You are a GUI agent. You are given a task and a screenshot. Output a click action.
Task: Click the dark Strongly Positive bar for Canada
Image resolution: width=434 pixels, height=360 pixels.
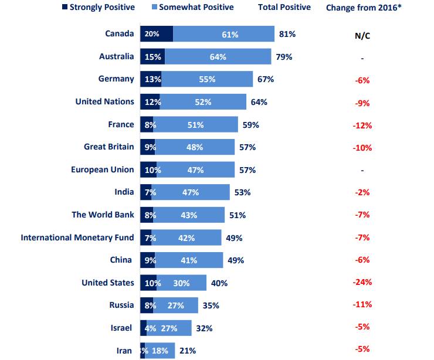pos(157,34)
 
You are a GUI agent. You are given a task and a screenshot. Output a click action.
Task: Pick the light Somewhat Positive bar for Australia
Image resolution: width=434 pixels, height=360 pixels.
pos(218,57)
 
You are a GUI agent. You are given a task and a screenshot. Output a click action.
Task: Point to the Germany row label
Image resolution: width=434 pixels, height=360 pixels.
pos(116,79)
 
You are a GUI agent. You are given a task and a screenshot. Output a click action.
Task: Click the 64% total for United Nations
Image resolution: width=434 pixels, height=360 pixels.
pos(259,102)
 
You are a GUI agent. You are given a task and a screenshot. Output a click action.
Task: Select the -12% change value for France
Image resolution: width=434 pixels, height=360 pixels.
pos(362,125)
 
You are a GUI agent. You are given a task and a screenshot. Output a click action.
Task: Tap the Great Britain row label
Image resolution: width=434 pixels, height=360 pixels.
pos(108,147)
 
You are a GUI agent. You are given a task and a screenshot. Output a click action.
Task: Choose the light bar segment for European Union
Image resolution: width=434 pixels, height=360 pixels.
pos(195,170)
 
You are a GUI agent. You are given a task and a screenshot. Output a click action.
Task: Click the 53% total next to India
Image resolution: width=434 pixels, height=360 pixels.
pos(242,192)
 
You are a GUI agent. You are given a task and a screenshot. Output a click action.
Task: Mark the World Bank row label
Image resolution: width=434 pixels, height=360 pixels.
pos(103,215)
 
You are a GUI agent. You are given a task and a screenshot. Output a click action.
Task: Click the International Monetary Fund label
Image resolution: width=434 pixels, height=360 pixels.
pos(77,237)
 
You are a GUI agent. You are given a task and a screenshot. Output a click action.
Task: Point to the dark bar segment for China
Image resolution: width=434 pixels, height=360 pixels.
pos(147,260)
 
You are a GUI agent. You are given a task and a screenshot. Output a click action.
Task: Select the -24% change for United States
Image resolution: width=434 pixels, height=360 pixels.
pos(362,283)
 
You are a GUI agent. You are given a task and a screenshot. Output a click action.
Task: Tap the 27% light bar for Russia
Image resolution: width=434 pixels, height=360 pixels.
pos(175,305)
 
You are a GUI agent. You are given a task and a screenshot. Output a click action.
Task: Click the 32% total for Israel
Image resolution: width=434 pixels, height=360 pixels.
pos(205,328)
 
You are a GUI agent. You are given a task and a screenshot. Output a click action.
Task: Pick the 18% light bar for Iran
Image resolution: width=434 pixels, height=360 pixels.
pos(160,351)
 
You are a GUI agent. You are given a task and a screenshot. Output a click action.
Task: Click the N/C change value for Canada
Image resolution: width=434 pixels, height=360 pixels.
pos(362,35)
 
